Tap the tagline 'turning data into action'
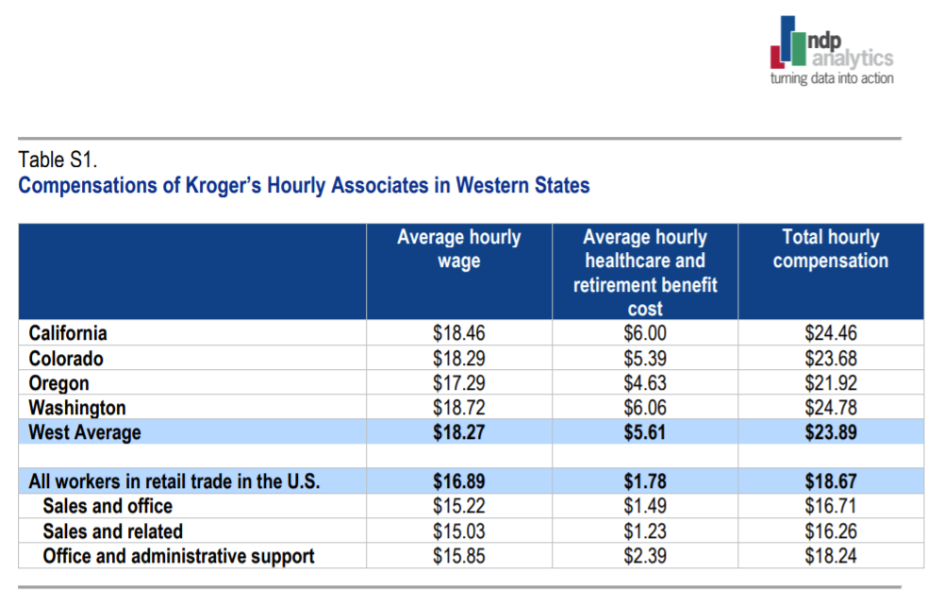832,78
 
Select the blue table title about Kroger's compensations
304,185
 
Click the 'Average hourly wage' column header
458,248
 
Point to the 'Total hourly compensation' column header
830,248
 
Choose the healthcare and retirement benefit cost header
644,272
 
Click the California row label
68,333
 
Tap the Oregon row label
59,383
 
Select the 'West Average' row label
85,432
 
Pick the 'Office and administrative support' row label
178,556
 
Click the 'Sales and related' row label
113,531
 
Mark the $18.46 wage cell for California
458,333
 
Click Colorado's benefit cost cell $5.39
644,359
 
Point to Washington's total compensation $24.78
830,408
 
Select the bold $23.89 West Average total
830,432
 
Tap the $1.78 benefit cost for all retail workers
644,481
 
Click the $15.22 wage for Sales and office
458,507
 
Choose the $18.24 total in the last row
830,556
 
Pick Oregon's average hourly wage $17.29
458,383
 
